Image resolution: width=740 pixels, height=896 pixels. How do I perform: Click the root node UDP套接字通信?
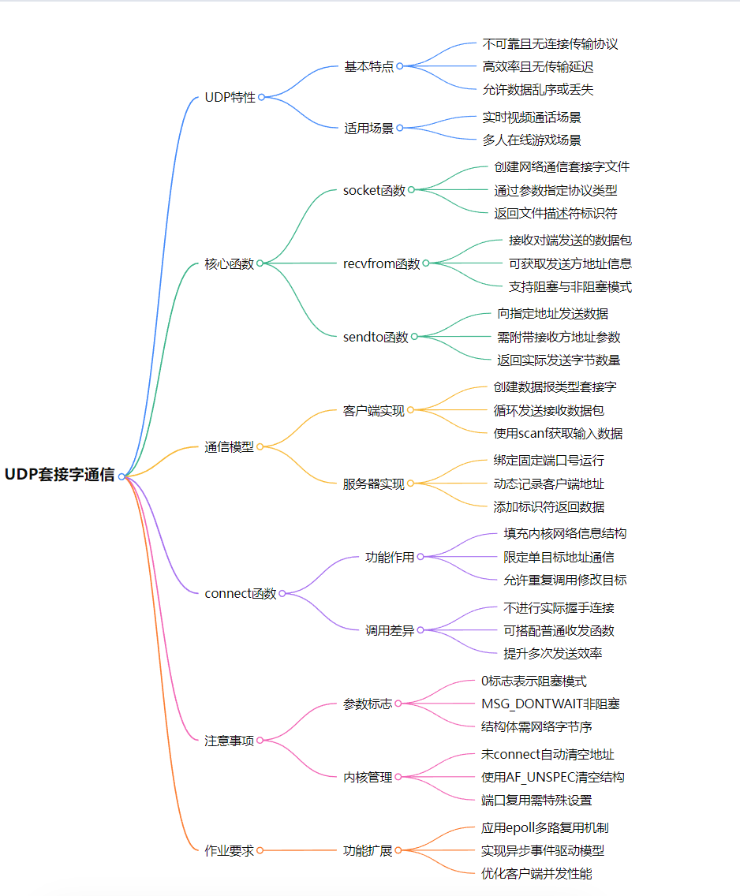coord(60,475)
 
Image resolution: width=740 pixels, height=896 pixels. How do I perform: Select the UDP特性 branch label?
coord(230,97)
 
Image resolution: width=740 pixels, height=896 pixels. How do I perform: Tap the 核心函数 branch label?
coord(230,263)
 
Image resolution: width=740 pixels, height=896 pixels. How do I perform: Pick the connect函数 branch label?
coord(241,593)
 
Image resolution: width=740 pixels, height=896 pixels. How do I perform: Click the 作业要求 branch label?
coord(230,850)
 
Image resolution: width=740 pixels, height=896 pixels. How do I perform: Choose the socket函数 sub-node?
coord(374,190)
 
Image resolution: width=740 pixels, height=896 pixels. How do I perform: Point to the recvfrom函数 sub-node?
coord(382,263)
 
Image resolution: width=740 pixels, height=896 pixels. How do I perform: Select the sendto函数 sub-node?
coord(376,337)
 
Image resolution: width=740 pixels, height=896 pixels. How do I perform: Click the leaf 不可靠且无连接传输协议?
coord(551,44)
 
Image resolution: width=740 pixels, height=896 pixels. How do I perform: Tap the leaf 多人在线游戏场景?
coord(532,140)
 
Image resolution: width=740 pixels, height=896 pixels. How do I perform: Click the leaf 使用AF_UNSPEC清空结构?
coord(553,777)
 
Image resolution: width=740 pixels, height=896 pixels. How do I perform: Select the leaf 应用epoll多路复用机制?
coord(545,827)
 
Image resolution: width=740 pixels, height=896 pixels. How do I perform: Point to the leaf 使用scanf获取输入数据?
coord(559,433)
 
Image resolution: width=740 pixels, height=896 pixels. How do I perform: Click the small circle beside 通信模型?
coord(260,447)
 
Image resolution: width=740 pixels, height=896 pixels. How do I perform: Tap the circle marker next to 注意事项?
coord(260,741)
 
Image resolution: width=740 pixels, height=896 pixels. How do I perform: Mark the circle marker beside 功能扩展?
coord(398,850)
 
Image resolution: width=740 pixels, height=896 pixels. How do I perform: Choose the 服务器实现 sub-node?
coord(374,483)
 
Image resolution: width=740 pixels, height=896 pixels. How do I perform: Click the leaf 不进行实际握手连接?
coord(559,607)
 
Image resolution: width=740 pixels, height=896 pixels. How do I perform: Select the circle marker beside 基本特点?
coord(400,66)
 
